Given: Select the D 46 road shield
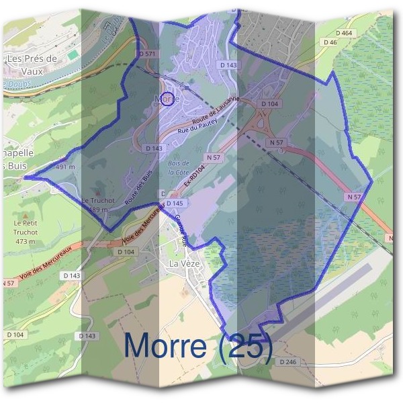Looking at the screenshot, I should click(329, 42).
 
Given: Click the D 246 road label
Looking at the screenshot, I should click(287, 362).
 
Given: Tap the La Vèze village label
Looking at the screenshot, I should click(185, 263).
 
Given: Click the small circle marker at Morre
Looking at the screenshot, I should click(168, 99).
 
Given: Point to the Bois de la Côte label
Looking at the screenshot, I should click(178, 167).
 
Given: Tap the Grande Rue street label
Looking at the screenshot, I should click(181, 229).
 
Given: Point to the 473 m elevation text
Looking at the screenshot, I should click(26, 241).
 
